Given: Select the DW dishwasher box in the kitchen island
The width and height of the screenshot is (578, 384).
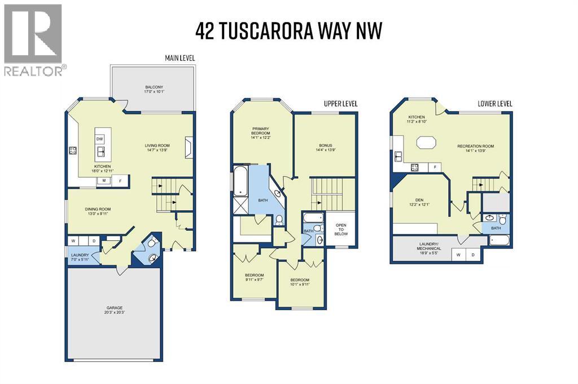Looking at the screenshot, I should click(100, 139).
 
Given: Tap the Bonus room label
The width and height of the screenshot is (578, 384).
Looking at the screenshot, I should click(325, 146).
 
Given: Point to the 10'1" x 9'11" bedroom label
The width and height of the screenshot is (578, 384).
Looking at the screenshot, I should click(300, 282).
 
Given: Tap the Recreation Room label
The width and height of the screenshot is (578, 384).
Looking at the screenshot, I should click(475, 148).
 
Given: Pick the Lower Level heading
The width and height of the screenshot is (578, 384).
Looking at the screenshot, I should click(494, 104).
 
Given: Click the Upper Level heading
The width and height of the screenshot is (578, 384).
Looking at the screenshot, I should click(340, 104).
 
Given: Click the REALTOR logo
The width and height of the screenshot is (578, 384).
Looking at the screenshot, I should click(33, 39).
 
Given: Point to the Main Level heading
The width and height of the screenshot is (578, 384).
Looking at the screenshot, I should click(180, 58).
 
